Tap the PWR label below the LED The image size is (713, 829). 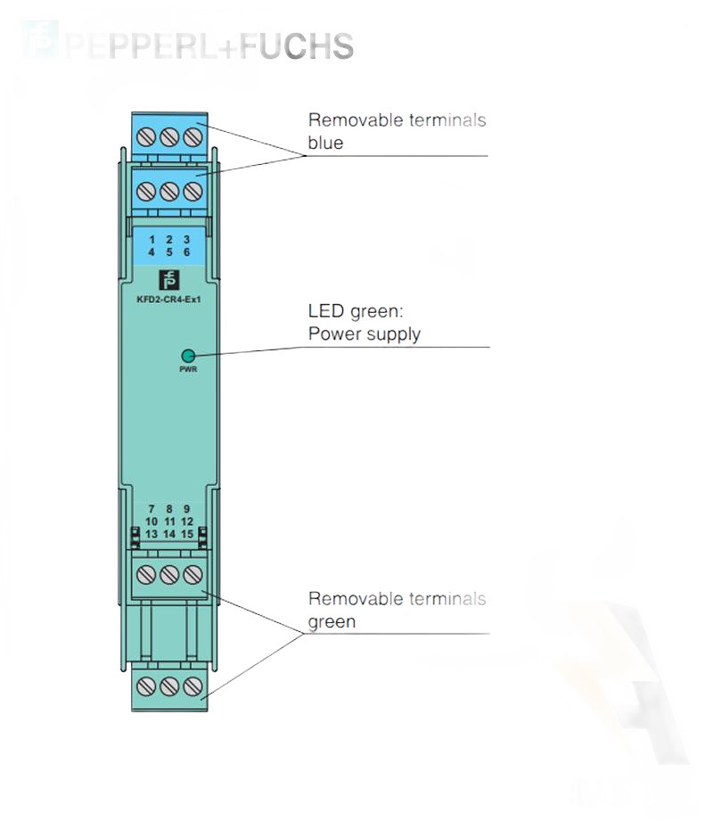point(188,369)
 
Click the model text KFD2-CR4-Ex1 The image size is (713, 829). point(169,300)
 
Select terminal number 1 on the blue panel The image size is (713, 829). point(152,241)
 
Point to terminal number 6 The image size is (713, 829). point(186,252)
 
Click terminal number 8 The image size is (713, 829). point(169,509)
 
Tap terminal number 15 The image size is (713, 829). point(187,533)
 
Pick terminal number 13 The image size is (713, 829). point(152,533)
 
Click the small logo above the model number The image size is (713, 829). point(168,280)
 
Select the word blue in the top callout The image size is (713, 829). point(325,143)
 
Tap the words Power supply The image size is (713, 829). point(364,334)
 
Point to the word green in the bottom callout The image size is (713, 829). point(332,621)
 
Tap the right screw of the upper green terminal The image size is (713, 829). point(190,575)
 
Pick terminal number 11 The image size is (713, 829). point(169,521)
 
